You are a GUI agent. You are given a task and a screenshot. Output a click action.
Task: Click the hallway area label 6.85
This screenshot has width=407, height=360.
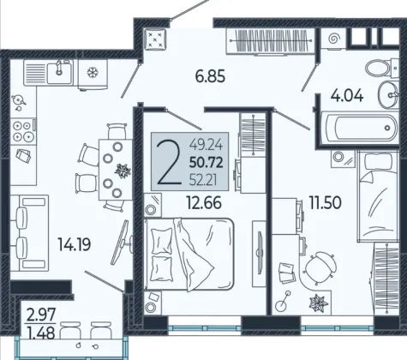(210, 76)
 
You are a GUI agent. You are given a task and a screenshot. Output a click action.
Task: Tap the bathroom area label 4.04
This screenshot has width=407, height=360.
(347, 95)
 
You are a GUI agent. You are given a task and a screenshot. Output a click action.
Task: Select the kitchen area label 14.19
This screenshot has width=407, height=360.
(75, 244)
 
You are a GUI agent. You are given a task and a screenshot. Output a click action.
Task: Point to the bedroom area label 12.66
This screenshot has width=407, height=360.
(204, 202)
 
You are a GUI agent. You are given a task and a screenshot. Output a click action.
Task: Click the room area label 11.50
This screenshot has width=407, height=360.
(326, 202)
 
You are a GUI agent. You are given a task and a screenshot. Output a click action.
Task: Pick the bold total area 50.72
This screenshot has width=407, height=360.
(206, 163)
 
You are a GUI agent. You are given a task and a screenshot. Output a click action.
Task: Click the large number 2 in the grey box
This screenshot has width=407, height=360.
(169, 162)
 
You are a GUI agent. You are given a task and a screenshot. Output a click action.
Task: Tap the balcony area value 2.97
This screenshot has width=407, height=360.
(40, 315)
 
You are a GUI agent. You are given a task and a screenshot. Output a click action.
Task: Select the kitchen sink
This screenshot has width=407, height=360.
(59, 72)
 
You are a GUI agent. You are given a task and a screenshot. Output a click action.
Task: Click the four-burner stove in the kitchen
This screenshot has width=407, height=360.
(23, 132)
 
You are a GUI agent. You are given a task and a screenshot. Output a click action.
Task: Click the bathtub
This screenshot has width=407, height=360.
(360, 128)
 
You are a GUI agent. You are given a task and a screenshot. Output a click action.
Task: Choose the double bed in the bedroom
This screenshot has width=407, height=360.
(189, 255)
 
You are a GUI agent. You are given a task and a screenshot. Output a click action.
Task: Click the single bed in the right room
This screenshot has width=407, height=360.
(378, 196)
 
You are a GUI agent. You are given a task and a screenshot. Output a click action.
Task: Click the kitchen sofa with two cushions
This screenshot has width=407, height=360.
(29, 233)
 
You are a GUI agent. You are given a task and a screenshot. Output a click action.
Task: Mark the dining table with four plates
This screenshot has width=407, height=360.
(116, 169)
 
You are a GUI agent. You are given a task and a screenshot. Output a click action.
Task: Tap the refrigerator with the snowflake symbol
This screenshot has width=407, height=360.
(93, 74)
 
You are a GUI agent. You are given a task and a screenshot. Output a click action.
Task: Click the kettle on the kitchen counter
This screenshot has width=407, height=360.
(19, 100)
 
